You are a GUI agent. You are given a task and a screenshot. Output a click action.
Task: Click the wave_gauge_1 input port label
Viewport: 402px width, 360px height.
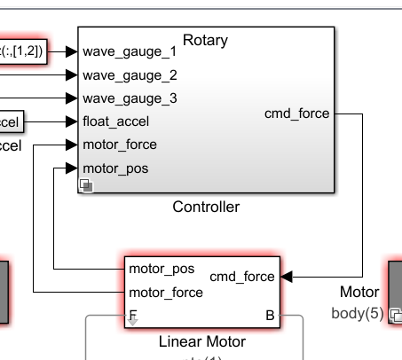[x=130, y=51]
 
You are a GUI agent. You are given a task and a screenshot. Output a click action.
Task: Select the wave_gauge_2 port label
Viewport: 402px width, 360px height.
[x=130, y=74]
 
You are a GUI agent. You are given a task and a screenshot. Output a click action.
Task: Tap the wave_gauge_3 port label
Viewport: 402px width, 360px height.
[x=130, y=98]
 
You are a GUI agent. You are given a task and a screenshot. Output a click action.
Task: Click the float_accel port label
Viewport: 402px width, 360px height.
[x=116, y=121]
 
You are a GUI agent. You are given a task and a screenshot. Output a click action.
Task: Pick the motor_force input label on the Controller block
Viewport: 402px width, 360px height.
[x=120, y=144]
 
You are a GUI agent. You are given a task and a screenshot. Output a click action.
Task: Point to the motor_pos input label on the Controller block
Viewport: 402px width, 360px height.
[x=115, y=167]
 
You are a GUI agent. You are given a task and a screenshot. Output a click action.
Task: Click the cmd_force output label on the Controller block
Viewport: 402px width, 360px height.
[x=296, y=113]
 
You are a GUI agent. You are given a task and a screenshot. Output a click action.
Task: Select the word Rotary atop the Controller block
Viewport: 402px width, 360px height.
[x=205, y=40]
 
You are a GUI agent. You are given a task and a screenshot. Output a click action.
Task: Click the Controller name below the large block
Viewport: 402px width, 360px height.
[x=206, y=207]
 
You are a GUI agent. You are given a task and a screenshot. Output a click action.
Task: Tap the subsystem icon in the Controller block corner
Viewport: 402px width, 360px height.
[x=86, y=184]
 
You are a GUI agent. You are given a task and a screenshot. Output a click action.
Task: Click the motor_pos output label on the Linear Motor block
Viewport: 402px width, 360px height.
[x=162, y=268]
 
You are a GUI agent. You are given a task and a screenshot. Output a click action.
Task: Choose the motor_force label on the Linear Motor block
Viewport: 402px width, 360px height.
[x=166, y=291]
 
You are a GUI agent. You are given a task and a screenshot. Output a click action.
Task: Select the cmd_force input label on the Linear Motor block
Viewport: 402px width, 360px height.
[x=242, y=276]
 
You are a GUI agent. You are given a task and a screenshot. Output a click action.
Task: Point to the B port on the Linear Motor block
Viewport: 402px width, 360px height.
[x=270, y=314]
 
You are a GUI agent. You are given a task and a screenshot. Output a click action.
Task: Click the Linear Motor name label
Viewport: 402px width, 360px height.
[x=201, y=340]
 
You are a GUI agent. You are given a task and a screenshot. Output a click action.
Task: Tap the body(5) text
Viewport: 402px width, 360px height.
[x=355, y=312]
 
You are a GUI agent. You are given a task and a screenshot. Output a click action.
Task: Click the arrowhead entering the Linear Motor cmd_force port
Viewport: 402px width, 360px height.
[x=288, y=276]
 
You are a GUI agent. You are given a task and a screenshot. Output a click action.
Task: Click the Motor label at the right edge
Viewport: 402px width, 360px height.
[x=359, y=292]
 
